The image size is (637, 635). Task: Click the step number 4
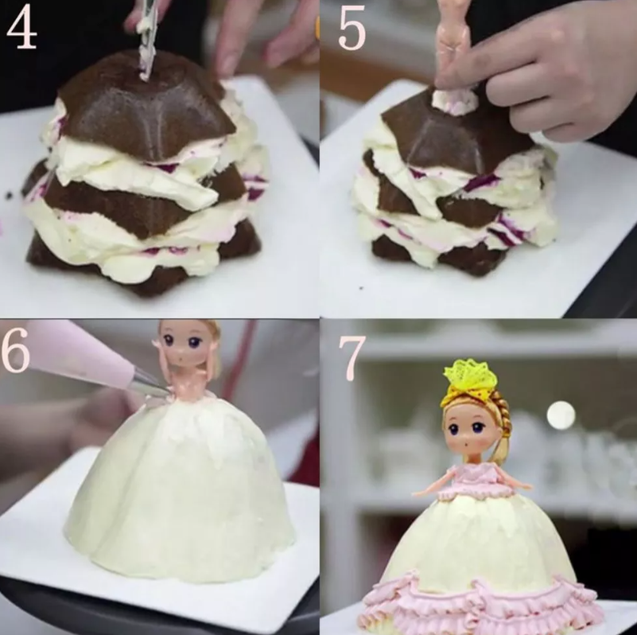[x=21, y=28]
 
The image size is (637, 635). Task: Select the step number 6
[x=15, y=350]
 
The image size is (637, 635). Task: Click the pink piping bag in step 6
[x=81, y=353]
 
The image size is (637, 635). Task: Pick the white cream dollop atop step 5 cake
[x=455, y=101]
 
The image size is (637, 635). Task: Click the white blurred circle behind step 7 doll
[x=561, y=415]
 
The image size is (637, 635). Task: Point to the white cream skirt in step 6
[x=179, y=488]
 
